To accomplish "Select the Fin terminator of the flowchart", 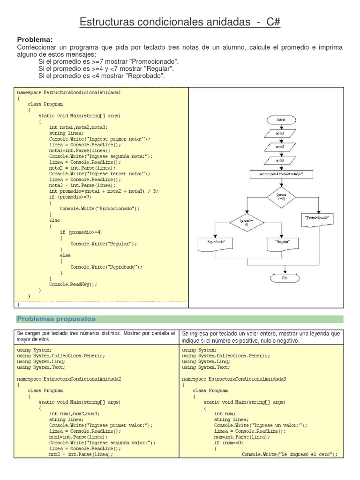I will [x=285, y=278].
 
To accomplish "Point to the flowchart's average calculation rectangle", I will [x=285, y=173].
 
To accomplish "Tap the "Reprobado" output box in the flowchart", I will [x=214, y=242].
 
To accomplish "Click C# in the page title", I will [x=274, y=22].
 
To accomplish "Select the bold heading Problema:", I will [x=35, y=39].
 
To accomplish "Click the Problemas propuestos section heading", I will [x=56, y=319].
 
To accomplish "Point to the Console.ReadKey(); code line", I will [x=73, y=284].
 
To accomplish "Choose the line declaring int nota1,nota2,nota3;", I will [x=78, y=127].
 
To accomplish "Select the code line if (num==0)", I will [x=229, y=442].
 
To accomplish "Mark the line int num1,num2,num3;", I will [x=75, y=413].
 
